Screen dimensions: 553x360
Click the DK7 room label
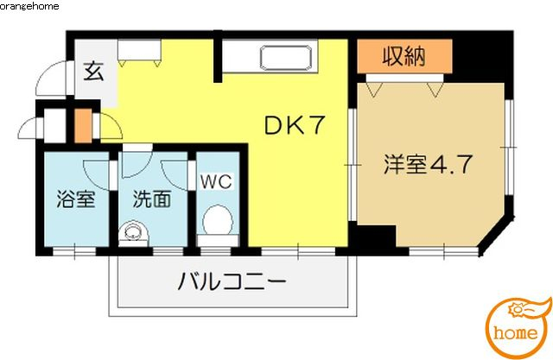(294, 125)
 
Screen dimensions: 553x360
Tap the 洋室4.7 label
(428, 164)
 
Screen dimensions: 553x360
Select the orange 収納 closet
(404, 56)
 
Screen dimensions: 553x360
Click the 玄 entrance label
(94, 71)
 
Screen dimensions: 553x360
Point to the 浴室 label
(76, 199)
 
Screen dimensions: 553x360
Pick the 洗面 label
(152, 199)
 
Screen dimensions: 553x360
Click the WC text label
(216, 182)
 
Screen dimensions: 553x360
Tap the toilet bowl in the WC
(218, 220)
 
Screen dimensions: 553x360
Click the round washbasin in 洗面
(133, 232)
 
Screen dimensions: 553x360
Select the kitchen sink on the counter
(286, 58)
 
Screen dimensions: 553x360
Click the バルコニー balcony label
(232, 281)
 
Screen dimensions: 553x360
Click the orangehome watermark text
(29, 5)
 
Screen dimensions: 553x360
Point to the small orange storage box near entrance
(83, 126)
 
